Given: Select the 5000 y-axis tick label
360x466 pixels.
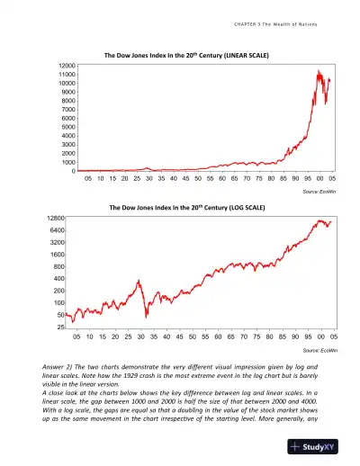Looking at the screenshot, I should click(65, 128).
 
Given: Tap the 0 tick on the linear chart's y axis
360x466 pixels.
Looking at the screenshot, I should click(72, 171).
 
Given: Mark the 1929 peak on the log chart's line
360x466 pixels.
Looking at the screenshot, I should click(139, 281).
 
